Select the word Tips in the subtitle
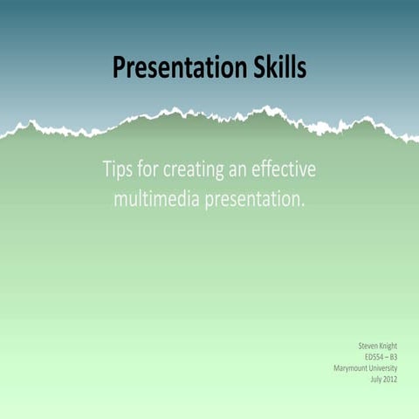coord(119,169)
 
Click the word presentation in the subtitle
coord(256,201)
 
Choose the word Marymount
coord(353,367)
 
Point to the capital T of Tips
coord(108,168)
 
